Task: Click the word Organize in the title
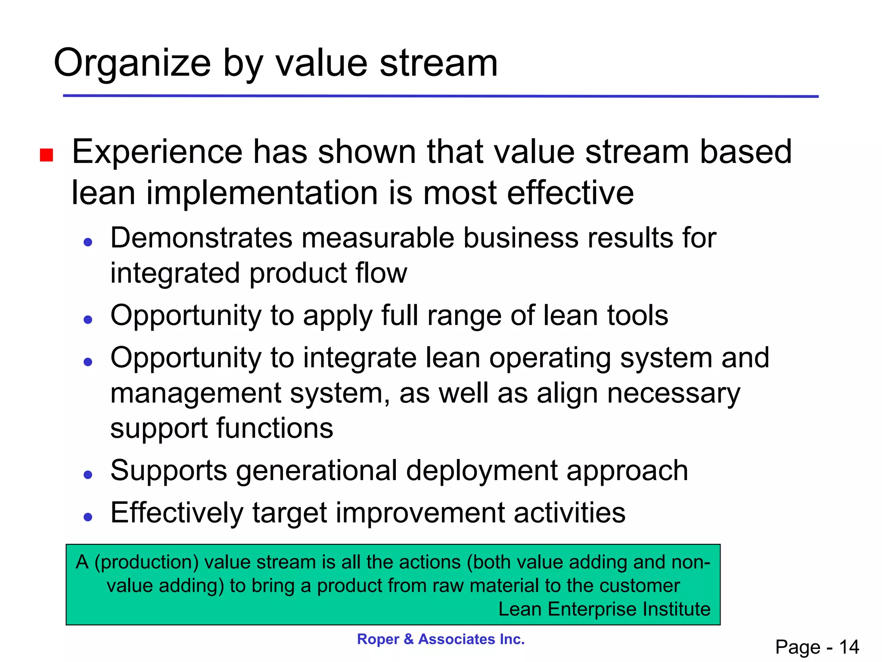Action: (132, 64)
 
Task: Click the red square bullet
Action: (47, 155)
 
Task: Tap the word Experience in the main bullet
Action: (157, 152)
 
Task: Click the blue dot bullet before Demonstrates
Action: (88, 242)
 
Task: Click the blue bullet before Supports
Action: (88, 475)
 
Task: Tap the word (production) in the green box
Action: (146, 562)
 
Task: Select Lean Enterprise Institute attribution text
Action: (604, 609)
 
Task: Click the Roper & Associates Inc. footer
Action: (441, 639)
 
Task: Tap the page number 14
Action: (849, 647)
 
